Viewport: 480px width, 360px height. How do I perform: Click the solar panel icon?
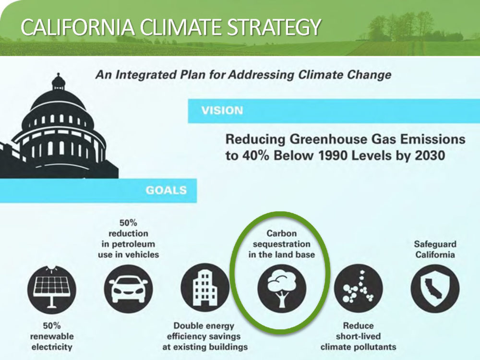coord(51,288)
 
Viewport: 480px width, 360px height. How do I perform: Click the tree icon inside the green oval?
coord(281,288)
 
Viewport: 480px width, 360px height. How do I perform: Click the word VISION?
coord(222,110)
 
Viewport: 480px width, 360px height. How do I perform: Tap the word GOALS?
coord(166,190)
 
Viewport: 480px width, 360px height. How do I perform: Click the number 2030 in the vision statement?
coord(430,156)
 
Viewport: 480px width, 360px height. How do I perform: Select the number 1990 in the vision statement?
coord(333,156)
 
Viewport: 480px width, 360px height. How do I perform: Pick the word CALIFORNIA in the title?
coord(78,27)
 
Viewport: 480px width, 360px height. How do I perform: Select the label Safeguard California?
coord(435,249)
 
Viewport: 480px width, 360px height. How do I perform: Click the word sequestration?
coord(282,244)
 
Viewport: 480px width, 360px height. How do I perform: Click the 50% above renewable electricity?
coord(51,325)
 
